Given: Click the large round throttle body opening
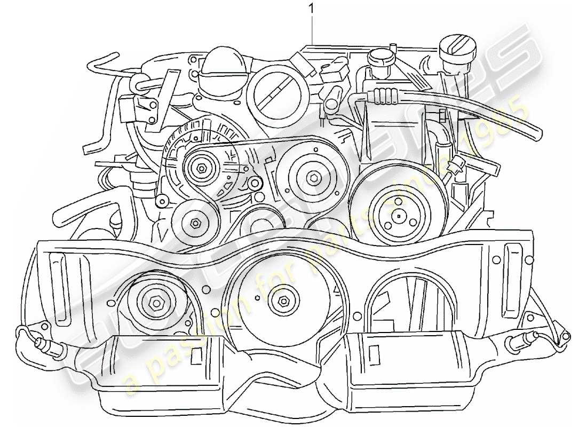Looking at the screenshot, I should (276, 92).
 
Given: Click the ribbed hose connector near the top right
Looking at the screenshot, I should (385, 96).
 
